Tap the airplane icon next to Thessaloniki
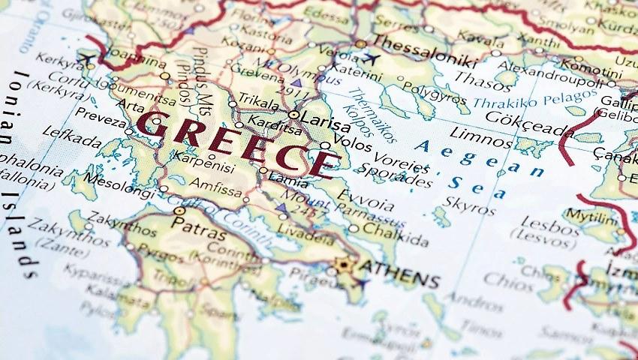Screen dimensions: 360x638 [x=369, y=58]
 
